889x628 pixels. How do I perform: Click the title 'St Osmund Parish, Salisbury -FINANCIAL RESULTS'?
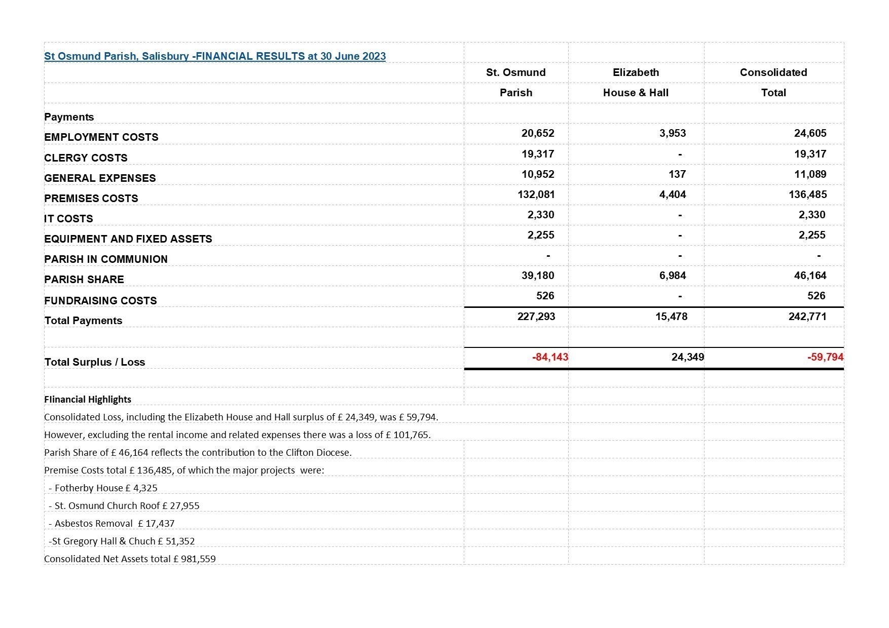pos(215,56)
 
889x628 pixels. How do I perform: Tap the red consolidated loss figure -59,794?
pos(825,357)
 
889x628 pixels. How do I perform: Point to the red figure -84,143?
pos(550,357)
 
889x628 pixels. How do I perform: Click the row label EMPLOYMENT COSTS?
pos(101,137)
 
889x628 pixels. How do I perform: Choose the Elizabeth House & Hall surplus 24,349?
pos(687,357)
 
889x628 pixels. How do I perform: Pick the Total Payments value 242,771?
pos(807,317)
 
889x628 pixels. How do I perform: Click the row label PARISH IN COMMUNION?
pos(106,259)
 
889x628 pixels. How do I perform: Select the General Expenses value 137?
pos(677,174)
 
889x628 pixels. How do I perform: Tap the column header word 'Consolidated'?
pos(773,72)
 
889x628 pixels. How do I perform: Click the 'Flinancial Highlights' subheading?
pos(88,399)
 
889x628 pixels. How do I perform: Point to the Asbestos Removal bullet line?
pos(112,523)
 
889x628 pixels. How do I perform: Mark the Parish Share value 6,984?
pos(673,276)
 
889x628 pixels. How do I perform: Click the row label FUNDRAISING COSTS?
pos(100,301)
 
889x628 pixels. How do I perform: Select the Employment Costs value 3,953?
pos(673,133)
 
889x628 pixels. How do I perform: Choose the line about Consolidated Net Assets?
pos(130,559)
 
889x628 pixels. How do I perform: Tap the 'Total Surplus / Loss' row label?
pos(95,362)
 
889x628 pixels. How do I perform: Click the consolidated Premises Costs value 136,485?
pos(807,194)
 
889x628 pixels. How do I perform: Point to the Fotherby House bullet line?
pos(103,488)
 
